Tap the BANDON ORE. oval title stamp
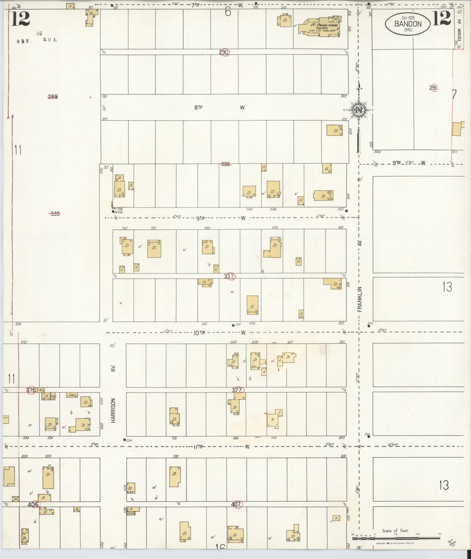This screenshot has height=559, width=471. [408, 23]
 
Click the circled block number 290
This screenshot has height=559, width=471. [224, 52]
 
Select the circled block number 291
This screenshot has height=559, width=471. [433, 88]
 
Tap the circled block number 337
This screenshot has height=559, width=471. [229, 276]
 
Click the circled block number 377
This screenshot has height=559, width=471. [237, 390]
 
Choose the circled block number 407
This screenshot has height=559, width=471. [236, 504]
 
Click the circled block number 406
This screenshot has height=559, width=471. [33, 505]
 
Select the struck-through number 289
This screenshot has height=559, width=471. [52, 97]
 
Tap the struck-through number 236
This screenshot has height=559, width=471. [225, 164]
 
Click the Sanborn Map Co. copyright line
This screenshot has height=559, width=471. [394, 543]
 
